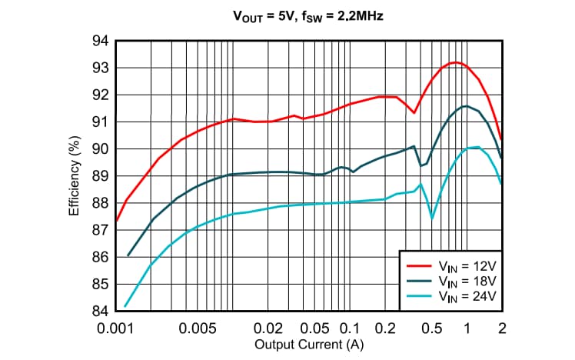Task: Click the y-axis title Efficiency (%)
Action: click(75, 175)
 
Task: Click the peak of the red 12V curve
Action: click(455, 62)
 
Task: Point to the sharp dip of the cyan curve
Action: click(432, 218)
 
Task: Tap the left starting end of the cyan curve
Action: click(125, 306)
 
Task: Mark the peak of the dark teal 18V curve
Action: click(465, 106)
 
